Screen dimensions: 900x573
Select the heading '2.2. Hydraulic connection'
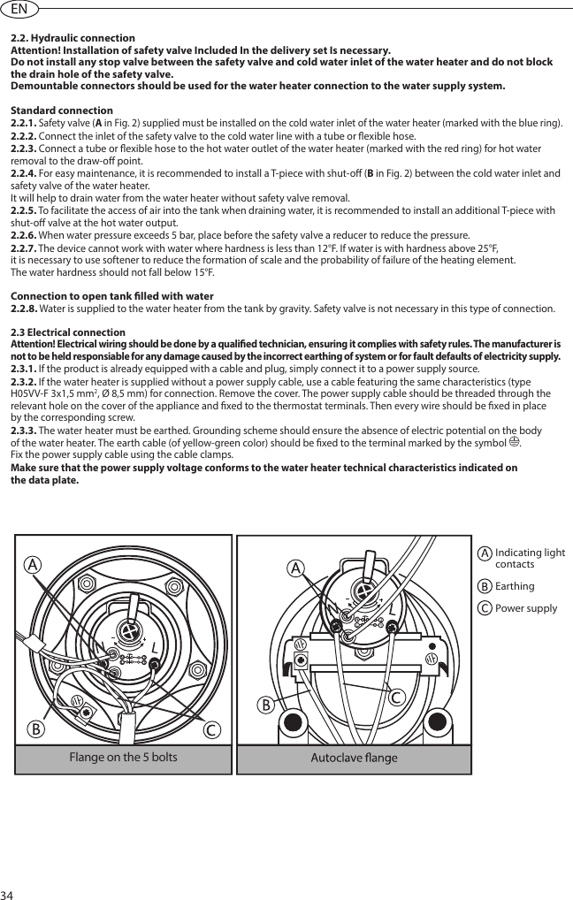(x=73, y=38)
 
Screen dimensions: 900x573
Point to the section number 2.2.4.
(x=24, y=172)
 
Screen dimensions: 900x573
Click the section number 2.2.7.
(x=24, y=249)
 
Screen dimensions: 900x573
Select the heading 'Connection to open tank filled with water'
(x=111, y=295)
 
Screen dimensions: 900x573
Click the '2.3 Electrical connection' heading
(x=67, y=332)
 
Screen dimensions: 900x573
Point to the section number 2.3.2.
(x=24, y=382)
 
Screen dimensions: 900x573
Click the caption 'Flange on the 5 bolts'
(x=123, y=758)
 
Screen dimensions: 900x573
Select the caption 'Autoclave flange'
(x=354, y=759)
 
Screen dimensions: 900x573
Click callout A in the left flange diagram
(x=33, y=563)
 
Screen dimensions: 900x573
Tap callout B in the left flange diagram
(x=35, y=730)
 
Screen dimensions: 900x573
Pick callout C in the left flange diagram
(x=213, y=730)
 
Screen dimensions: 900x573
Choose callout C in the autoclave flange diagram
(x=398, y=698)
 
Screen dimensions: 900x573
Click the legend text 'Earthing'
(x=515, y=586)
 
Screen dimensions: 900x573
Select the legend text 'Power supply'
(x=526, y=608)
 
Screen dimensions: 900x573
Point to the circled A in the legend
(x=485, y=553)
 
